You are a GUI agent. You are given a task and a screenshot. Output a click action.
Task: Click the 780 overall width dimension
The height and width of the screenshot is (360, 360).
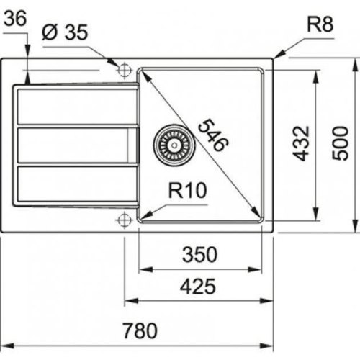[140, 331]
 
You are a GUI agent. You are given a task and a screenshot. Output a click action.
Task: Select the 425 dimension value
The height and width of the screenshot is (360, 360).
[198, 287]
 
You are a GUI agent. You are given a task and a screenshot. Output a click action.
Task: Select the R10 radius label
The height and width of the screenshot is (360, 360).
[188, 190]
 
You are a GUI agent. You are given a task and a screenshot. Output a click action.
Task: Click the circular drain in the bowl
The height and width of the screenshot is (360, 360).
[173, 140]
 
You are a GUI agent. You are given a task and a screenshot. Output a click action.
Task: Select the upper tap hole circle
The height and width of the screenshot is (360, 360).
[123, 70]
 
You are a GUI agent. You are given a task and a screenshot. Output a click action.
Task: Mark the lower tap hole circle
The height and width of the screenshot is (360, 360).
[123, 217]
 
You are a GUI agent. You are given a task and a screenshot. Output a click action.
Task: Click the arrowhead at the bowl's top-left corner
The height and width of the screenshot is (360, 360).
[144, 75]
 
